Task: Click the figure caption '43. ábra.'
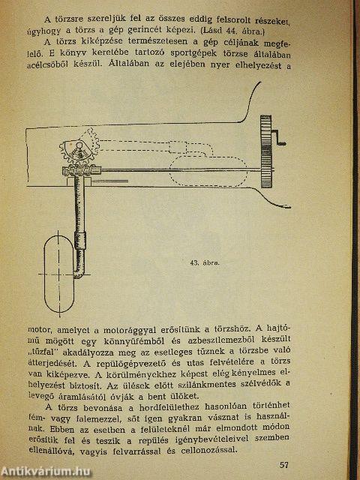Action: (211, 263)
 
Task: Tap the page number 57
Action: (283, 464)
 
